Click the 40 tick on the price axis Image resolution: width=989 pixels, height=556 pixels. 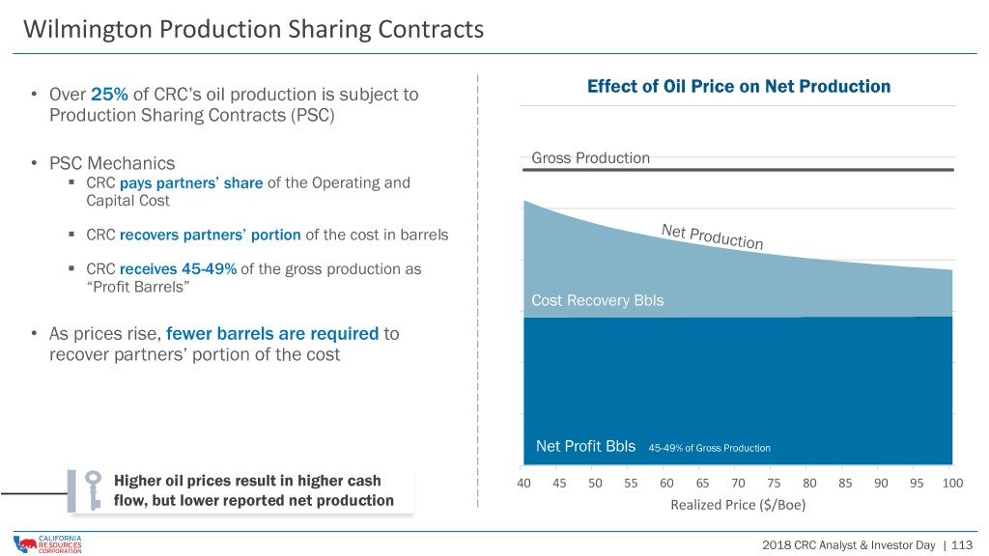(x=523, y=483)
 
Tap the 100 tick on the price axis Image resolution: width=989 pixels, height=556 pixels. (x=952, y=483)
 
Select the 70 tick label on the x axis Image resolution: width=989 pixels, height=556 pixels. (x=738, y=483)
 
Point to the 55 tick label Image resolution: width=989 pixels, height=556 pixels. (x=631, y=483)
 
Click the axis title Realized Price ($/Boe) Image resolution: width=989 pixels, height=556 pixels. (x=738, y=505)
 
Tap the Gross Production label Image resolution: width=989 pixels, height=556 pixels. (x=590, y=157)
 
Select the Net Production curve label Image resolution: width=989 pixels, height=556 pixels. (x=712, y=236)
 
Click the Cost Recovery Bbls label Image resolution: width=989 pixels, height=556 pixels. (x=597, y=300)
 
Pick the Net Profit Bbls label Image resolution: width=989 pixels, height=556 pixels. (x=585, y=446)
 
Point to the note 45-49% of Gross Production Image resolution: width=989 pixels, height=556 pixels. (x=709, y=448)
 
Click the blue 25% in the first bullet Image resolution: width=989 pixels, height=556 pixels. (x=109, y=95)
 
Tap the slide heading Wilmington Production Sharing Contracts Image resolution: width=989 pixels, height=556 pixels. (x=254, y=29)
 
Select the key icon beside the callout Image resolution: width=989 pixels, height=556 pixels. (x=94, y=490)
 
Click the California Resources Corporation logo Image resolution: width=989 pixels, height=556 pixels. (x=47, y=544)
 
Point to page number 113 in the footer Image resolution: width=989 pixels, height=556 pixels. (x=962, y=545)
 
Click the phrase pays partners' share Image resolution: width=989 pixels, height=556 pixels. (x=191, y=182)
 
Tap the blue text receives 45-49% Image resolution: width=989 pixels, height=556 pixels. (x=178, y=269)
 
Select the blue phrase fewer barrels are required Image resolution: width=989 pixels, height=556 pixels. (x=272, y=333)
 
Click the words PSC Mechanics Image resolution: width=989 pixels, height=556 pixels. (x=112, y=163)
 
